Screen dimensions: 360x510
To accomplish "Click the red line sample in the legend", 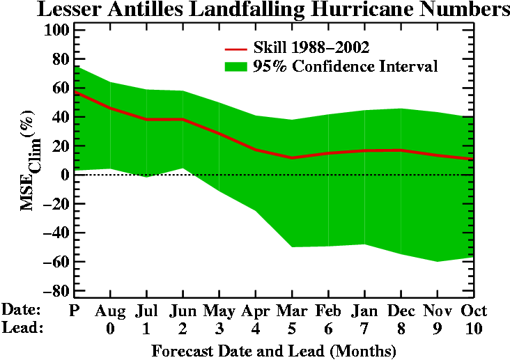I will [236, 49].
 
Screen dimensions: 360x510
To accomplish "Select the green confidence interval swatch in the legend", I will [236, 66].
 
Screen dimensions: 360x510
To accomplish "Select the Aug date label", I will [110, 310].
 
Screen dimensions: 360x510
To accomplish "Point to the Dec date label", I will [401, 310].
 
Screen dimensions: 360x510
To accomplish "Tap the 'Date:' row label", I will [22, 310].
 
